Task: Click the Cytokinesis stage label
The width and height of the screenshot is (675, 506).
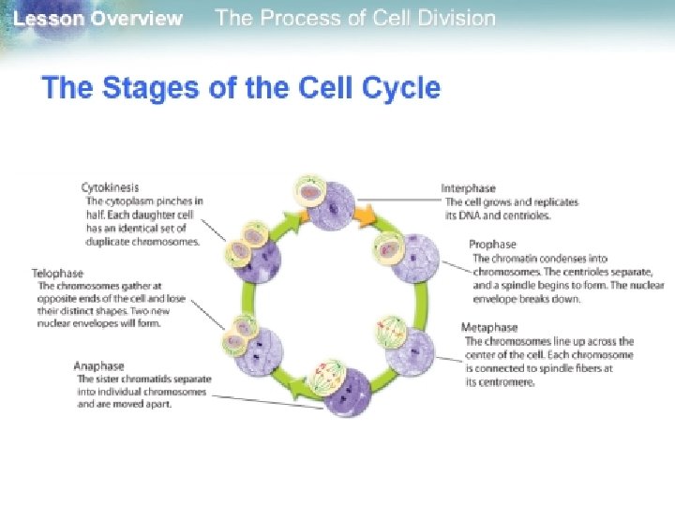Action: click(x=110, y=187)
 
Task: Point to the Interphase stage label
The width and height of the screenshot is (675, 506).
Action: click(x=469, y=188)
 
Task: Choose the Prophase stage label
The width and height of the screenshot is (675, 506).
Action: click(x=491, y=245)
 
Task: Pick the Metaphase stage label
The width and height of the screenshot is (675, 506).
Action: click(x=489, y=327)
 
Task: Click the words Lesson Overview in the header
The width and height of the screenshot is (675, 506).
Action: click(x=98, y=19)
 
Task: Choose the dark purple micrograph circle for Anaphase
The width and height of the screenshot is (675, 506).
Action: click(x=348, y=396)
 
